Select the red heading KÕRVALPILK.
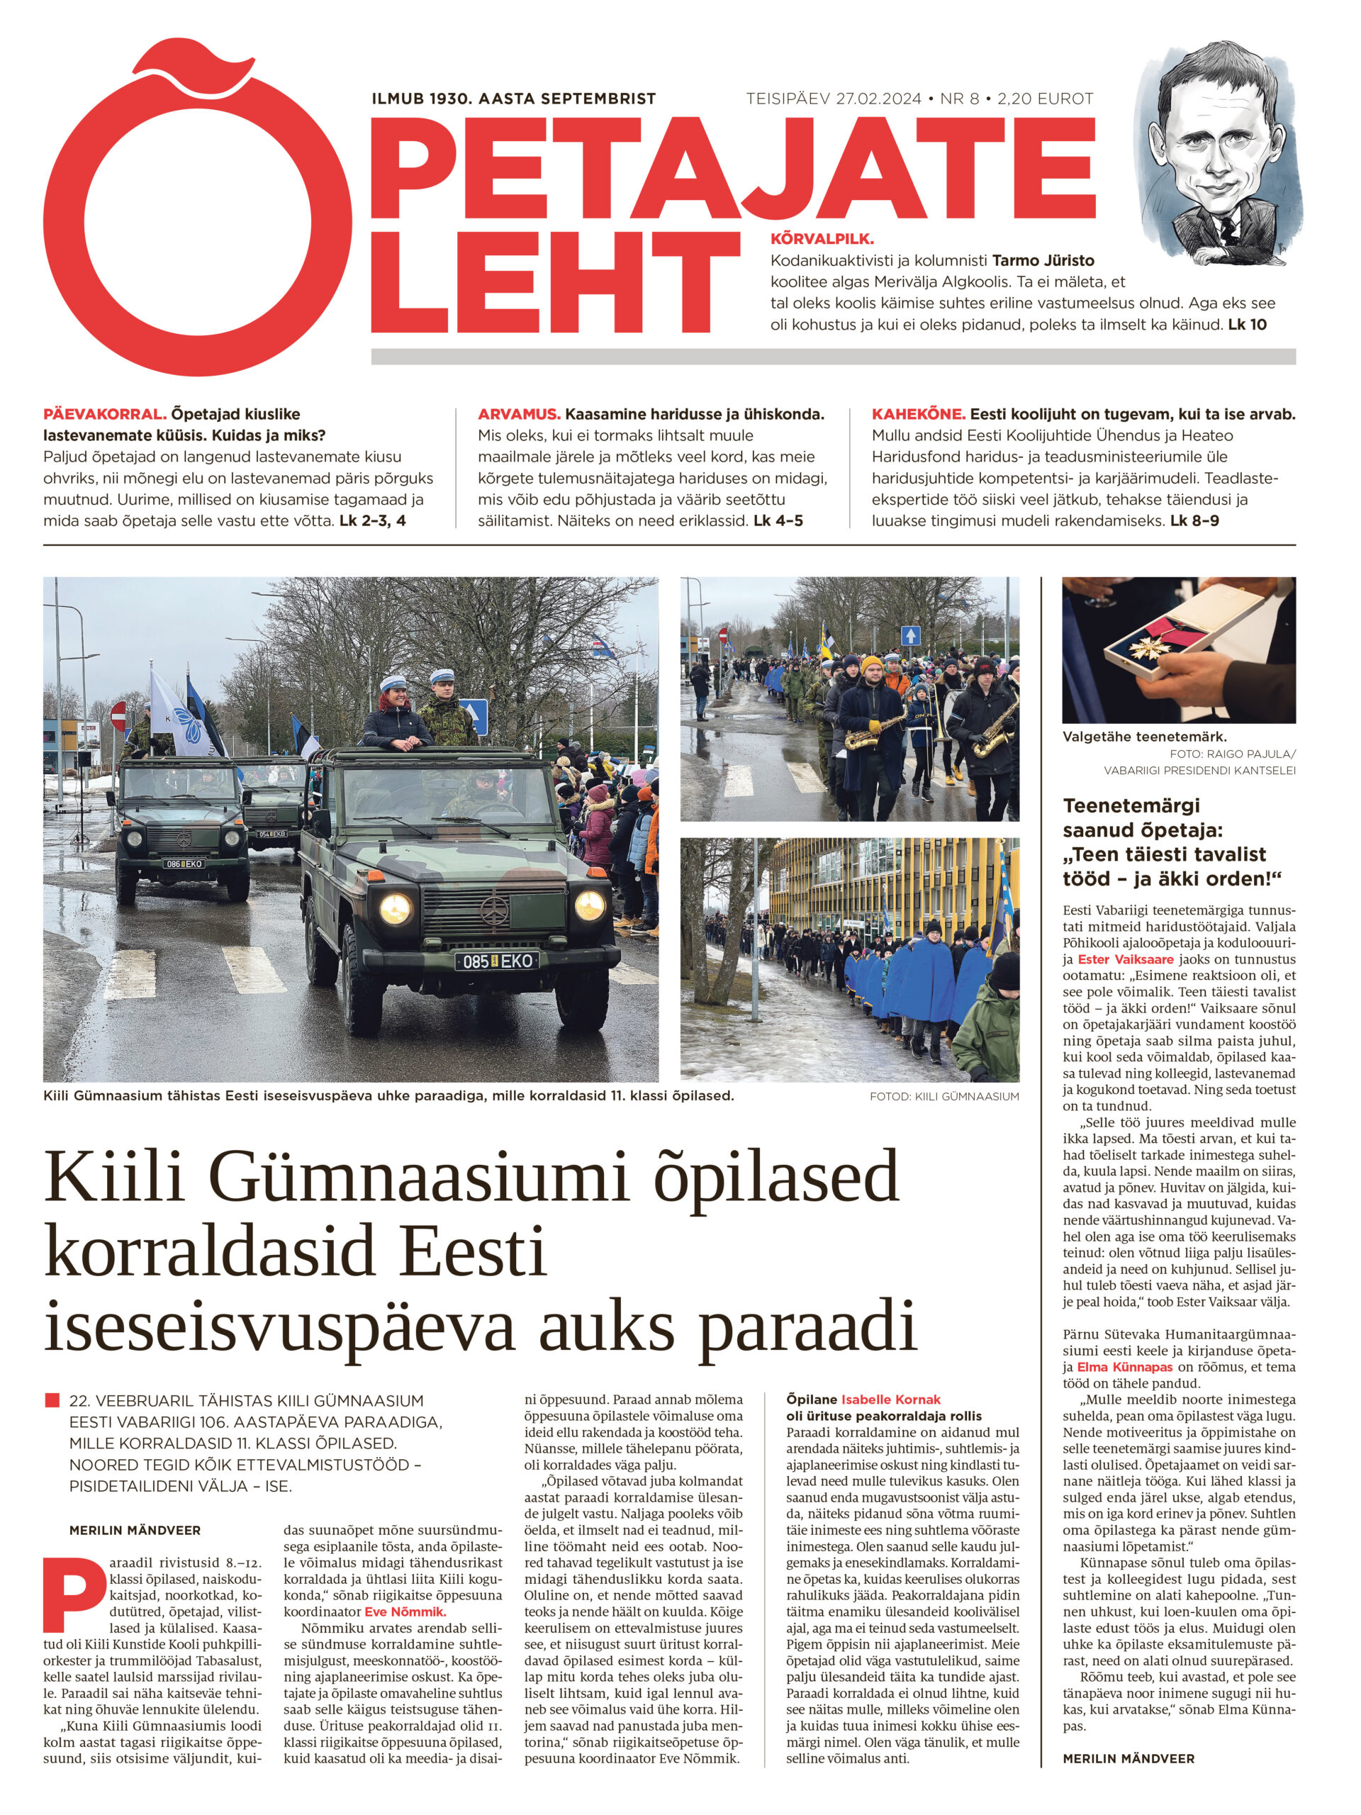pyautogui.click(x=821, y=240)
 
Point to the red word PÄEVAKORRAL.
pyautogui.click(x=104, y=414)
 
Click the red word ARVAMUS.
pyautogui.click(x=518, y=414)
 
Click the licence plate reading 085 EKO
pyautogui.click(x=496, y=961)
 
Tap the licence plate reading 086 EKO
pyautogui.click(x=183, y=864)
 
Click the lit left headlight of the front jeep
pyautogui.click(x=395, y=907)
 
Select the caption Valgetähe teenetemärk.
pyautogui.click(x=1144, y=737)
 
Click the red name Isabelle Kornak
pyautogui.click(x=890, y=1400)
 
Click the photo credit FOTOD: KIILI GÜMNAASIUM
pyautogui.click(x=943, y=1096)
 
